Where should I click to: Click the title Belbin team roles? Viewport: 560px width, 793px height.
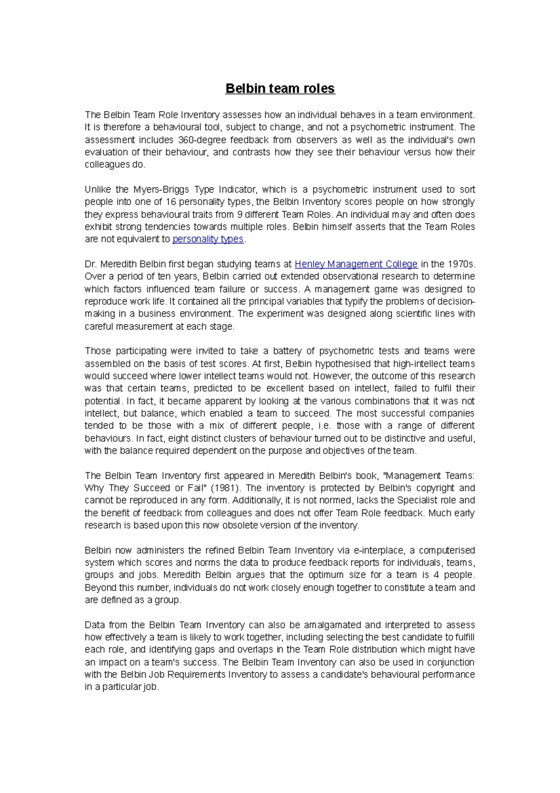click(x=280, y=89)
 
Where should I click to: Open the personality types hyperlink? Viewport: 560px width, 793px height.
click(x=208, y=239)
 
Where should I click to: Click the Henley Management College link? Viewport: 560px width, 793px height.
click(x=356, y=264)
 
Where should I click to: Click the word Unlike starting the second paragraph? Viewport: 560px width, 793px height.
click(x=98, y=190)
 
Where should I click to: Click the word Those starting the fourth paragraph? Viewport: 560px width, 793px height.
click(x=97, y=351)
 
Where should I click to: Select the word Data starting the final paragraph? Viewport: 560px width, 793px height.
click(x=94, y=625)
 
